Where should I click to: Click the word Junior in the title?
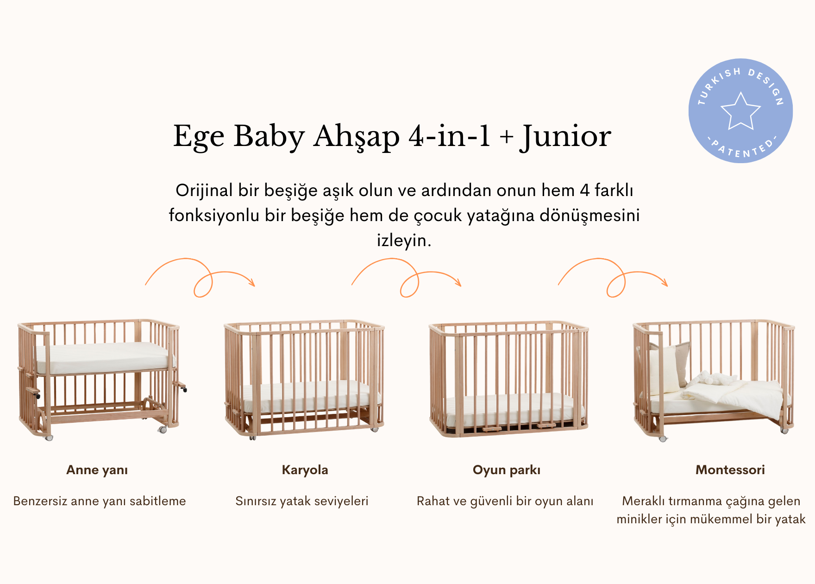565,137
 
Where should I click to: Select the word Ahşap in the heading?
356,137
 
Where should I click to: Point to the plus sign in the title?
506,137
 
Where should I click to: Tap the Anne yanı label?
97,470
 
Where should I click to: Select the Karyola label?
305,470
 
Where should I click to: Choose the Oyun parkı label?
507,470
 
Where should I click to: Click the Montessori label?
730,470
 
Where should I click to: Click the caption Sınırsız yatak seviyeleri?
302,501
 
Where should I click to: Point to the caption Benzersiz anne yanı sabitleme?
100,501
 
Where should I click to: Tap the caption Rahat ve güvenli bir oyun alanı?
505,501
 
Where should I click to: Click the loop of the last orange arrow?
616,285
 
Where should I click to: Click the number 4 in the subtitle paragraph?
584,190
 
